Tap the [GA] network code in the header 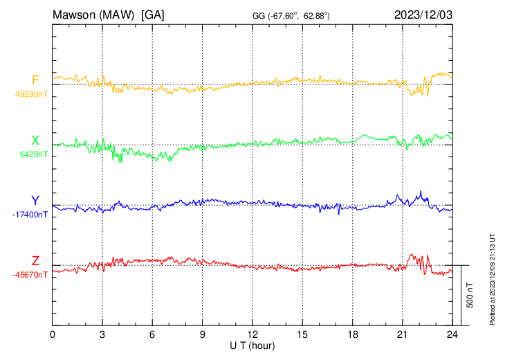click(x=152, y=14)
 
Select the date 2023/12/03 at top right click(x=422, y=14)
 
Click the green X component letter click(x=35, y=141)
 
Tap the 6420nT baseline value click(x=32, y=154)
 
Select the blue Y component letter click(x=35, y=201)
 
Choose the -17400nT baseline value click(x=30, y=215)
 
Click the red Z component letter click(x=35, y=260)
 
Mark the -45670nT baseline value click(x=30, y=275)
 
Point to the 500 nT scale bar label click(x=470, y=295)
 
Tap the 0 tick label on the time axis click(x=53, y=334)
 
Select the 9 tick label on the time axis click(x=203, y=334)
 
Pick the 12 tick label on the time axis click(x=252, y=334)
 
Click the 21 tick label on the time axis click(x=402, y=334)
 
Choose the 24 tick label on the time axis click(x=452, y=334)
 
